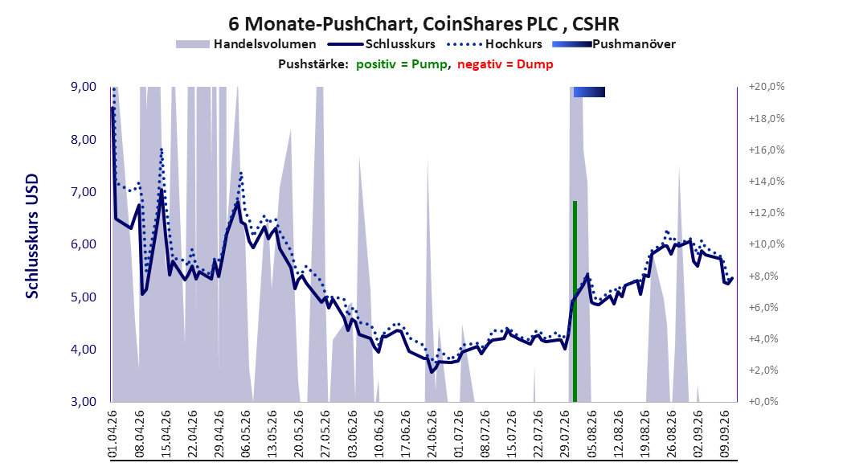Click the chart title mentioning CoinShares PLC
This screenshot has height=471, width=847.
coord(423,24)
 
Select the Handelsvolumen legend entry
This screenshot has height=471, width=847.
coord(247,44)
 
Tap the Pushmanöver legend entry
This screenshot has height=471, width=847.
coord(614,44)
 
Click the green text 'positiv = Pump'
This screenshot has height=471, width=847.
coord(401,64)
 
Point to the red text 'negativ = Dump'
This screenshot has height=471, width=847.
coord(505,64)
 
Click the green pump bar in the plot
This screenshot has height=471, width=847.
coord(575,301)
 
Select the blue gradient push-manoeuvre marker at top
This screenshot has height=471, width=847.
coord(589,92)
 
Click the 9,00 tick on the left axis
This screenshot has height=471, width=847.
coord(84,87)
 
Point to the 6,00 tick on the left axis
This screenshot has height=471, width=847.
coord(84,244)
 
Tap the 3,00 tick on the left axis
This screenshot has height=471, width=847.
coord(84,402)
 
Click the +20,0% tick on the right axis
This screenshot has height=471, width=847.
coord(767,87)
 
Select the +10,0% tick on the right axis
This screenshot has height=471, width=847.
coord(767,244)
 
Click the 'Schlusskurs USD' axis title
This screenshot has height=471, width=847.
coord(32,236)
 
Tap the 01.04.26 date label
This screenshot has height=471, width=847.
coord(113,434)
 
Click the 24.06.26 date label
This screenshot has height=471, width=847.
coord(431,434)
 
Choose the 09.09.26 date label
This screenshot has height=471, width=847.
coord(724,434)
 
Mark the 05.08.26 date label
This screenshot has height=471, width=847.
coord(591,434)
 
